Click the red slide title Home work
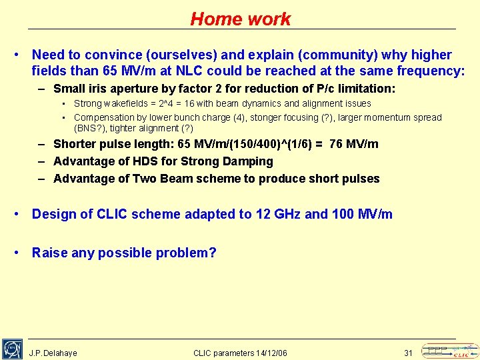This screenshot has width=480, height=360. pyautogui.click(x=240, y=19)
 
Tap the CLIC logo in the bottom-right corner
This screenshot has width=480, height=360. pyautogui.click(x=450, y=351)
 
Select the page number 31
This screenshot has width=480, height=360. pyautogui.click(x=409, y=353)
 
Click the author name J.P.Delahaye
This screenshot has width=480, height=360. pyautogui.click(x=53, y=353)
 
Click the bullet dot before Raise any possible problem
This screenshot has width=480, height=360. pyautogui.click(x=20, y=253)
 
